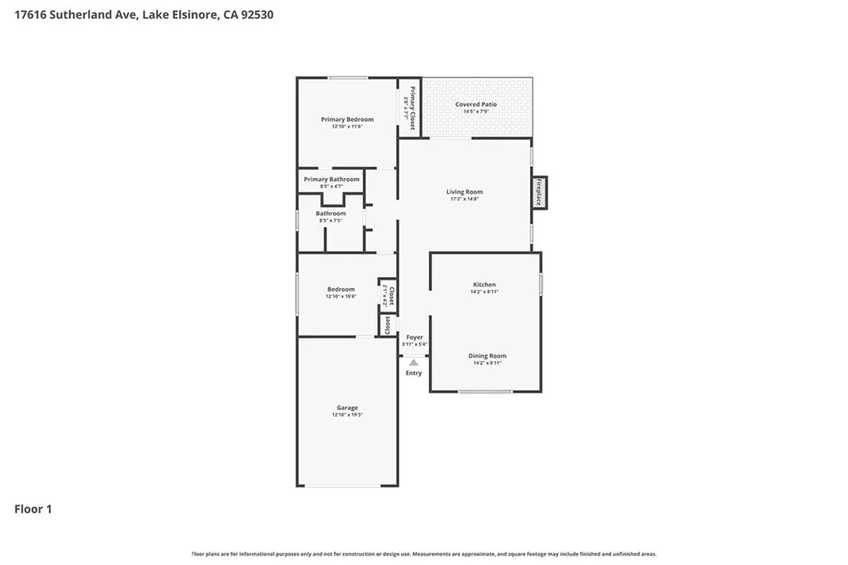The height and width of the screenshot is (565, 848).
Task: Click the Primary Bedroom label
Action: click(347, 119)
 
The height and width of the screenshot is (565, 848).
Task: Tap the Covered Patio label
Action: click(476, 104)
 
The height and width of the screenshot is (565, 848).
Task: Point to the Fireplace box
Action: click(539, 193)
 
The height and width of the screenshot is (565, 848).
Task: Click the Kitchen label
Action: click(483, 284)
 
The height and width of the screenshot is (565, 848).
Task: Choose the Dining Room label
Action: click(488, 355)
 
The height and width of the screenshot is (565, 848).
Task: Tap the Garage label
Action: click(347, 408)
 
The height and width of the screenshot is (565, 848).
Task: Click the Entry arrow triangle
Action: click(413, 361)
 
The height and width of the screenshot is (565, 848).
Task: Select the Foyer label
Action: click(414, 337)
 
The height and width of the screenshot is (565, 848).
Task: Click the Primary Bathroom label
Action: click(331, 179)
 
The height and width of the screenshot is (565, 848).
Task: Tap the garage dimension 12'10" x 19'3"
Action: click(347, 415)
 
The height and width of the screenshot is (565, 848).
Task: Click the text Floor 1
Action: click(33, 509)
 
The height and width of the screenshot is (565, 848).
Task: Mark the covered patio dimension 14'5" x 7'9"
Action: click(476, 112)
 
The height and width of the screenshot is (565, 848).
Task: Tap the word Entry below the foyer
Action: click(413, 373)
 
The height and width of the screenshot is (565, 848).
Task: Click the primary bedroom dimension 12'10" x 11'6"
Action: click(347, 127)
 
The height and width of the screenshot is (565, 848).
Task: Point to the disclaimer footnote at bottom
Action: click(424, 553)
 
